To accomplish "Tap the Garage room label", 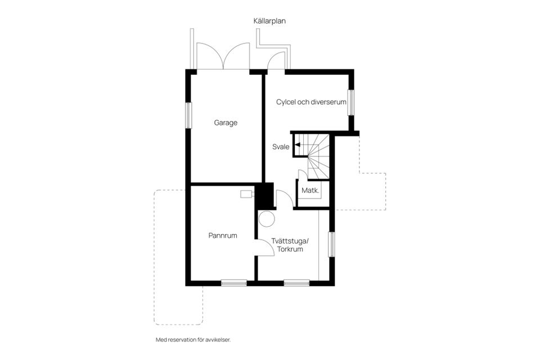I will click(226, 123).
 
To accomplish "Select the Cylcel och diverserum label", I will click(310, 102).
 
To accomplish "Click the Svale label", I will click(281, 147).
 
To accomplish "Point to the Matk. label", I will click(310, 191).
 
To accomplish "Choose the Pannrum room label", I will click(223, 236).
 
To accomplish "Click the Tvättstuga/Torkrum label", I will click(291, 245).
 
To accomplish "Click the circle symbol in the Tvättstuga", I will click(267, 219).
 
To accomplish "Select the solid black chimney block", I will click(264, 196).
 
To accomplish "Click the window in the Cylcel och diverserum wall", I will click(351, 102).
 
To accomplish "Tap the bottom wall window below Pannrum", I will click(233, 283).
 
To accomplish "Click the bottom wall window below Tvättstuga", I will click(296, 283).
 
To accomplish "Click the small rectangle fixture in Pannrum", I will click(246, 194).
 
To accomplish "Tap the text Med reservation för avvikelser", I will click(193, 340).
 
